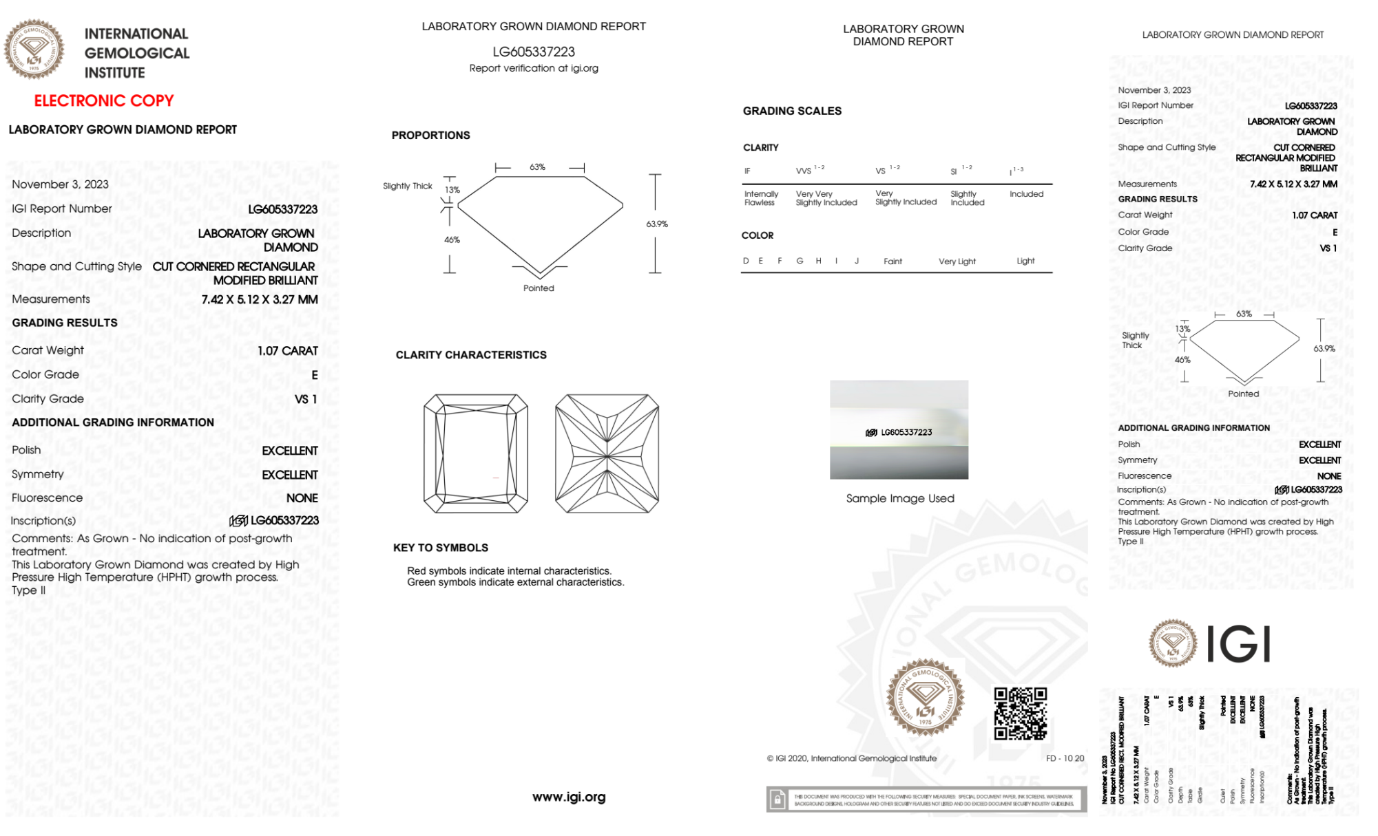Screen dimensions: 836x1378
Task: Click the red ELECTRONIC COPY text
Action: click(x=103, y=100)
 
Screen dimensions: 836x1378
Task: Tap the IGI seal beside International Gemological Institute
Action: click(x=34, y=49)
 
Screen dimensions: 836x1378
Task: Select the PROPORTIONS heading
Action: click(x=430, y=136)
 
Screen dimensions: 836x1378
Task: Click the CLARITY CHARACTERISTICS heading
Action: click(x=471, y=355)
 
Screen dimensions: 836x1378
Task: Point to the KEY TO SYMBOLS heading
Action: click(x=441, y=548)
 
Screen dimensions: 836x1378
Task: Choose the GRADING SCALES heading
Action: click(x=792, y=111)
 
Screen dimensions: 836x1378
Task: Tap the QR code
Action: click(x=1020, y=714)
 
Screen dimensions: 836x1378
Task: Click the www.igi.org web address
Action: click(x=569, y=797)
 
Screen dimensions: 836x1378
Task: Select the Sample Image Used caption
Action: click(x=900, y=498)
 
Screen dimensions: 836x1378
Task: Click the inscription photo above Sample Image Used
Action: click(x=899, y=429)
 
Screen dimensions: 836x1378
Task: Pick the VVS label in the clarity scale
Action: click(x=804, y=171)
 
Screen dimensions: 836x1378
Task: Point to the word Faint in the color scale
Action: click(x=892, y=261)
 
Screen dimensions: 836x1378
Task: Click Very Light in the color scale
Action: click(x=957, y=261)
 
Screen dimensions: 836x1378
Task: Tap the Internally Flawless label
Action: click(x=761, y=198)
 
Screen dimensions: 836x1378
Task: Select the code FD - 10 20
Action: click(x=1065, y=758)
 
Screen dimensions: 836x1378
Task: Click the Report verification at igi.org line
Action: click(x=534, y=68)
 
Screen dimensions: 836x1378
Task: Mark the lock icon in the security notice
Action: click(x=777, y=800)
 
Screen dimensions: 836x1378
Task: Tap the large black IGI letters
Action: click(x=1239, y=645)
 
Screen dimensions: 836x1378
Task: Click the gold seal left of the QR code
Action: click(x=925, y=698)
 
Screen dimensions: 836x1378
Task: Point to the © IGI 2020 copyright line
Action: click(x=852, y=758)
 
